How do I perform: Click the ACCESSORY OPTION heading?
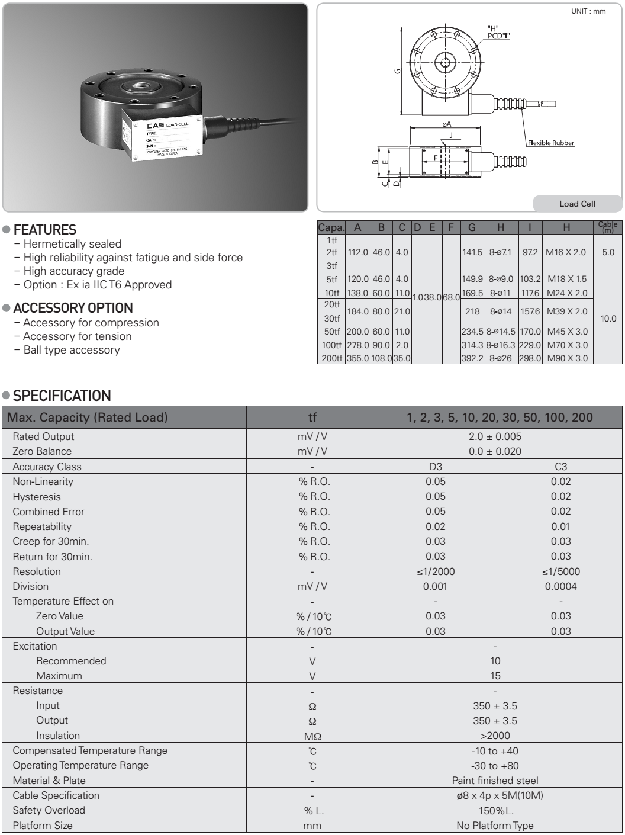(x=73, y=308)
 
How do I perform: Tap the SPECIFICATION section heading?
(x=62, y=396)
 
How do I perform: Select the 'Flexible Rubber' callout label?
(x=550, y=143)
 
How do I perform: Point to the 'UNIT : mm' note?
(x=588, y=11)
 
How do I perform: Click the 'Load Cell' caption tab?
(x=577, y=204)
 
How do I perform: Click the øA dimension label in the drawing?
(x=447, y=124)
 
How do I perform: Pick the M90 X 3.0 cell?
(x=566, y=358)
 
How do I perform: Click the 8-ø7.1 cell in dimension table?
(x=501, y=252)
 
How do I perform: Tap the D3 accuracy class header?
(x=435, y=467)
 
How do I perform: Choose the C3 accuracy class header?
(x=560, y=467)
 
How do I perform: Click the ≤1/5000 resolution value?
(x=560, y=571)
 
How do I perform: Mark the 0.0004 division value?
(x=560, y=586)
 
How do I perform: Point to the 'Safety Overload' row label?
(x=49, y=810)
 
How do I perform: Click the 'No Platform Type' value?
(x=495, y=826)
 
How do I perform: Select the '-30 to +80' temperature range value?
(x=495, y=765)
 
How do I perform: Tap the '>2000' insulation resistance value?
(x=495, y=736)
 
